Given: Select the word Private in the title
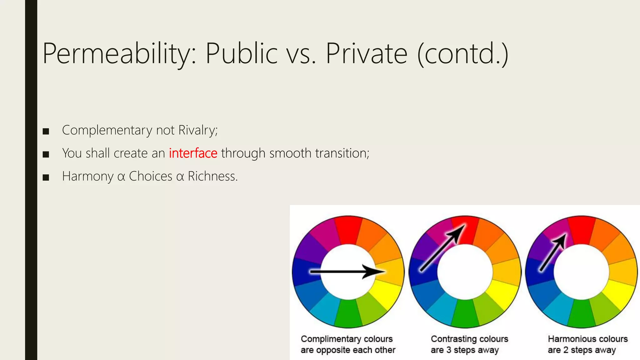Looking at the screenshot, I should (x=367, y=54).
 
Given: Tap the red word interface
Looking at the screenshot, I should (x=193, y=153).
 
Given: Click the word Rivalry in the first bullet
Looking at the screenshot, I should (x=197, y=130).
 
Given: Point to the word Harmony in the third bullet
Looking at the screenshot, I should (x=87, y=177).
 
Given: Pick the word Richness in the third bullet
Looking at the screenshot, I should (x=212, y=176).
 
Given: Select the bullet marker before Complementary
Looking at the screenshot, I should (x=46, y=131).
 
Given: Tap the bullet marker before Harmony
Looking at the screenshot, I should (x=46, y=177).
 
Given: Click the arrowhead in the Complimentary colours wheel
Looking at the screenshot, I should (x=375, y=272).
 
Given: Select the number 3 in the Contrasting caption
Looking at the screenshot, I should (x=449, y=350).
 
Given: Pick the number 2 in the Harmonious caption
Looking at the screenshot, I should (x=566, y=350).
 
